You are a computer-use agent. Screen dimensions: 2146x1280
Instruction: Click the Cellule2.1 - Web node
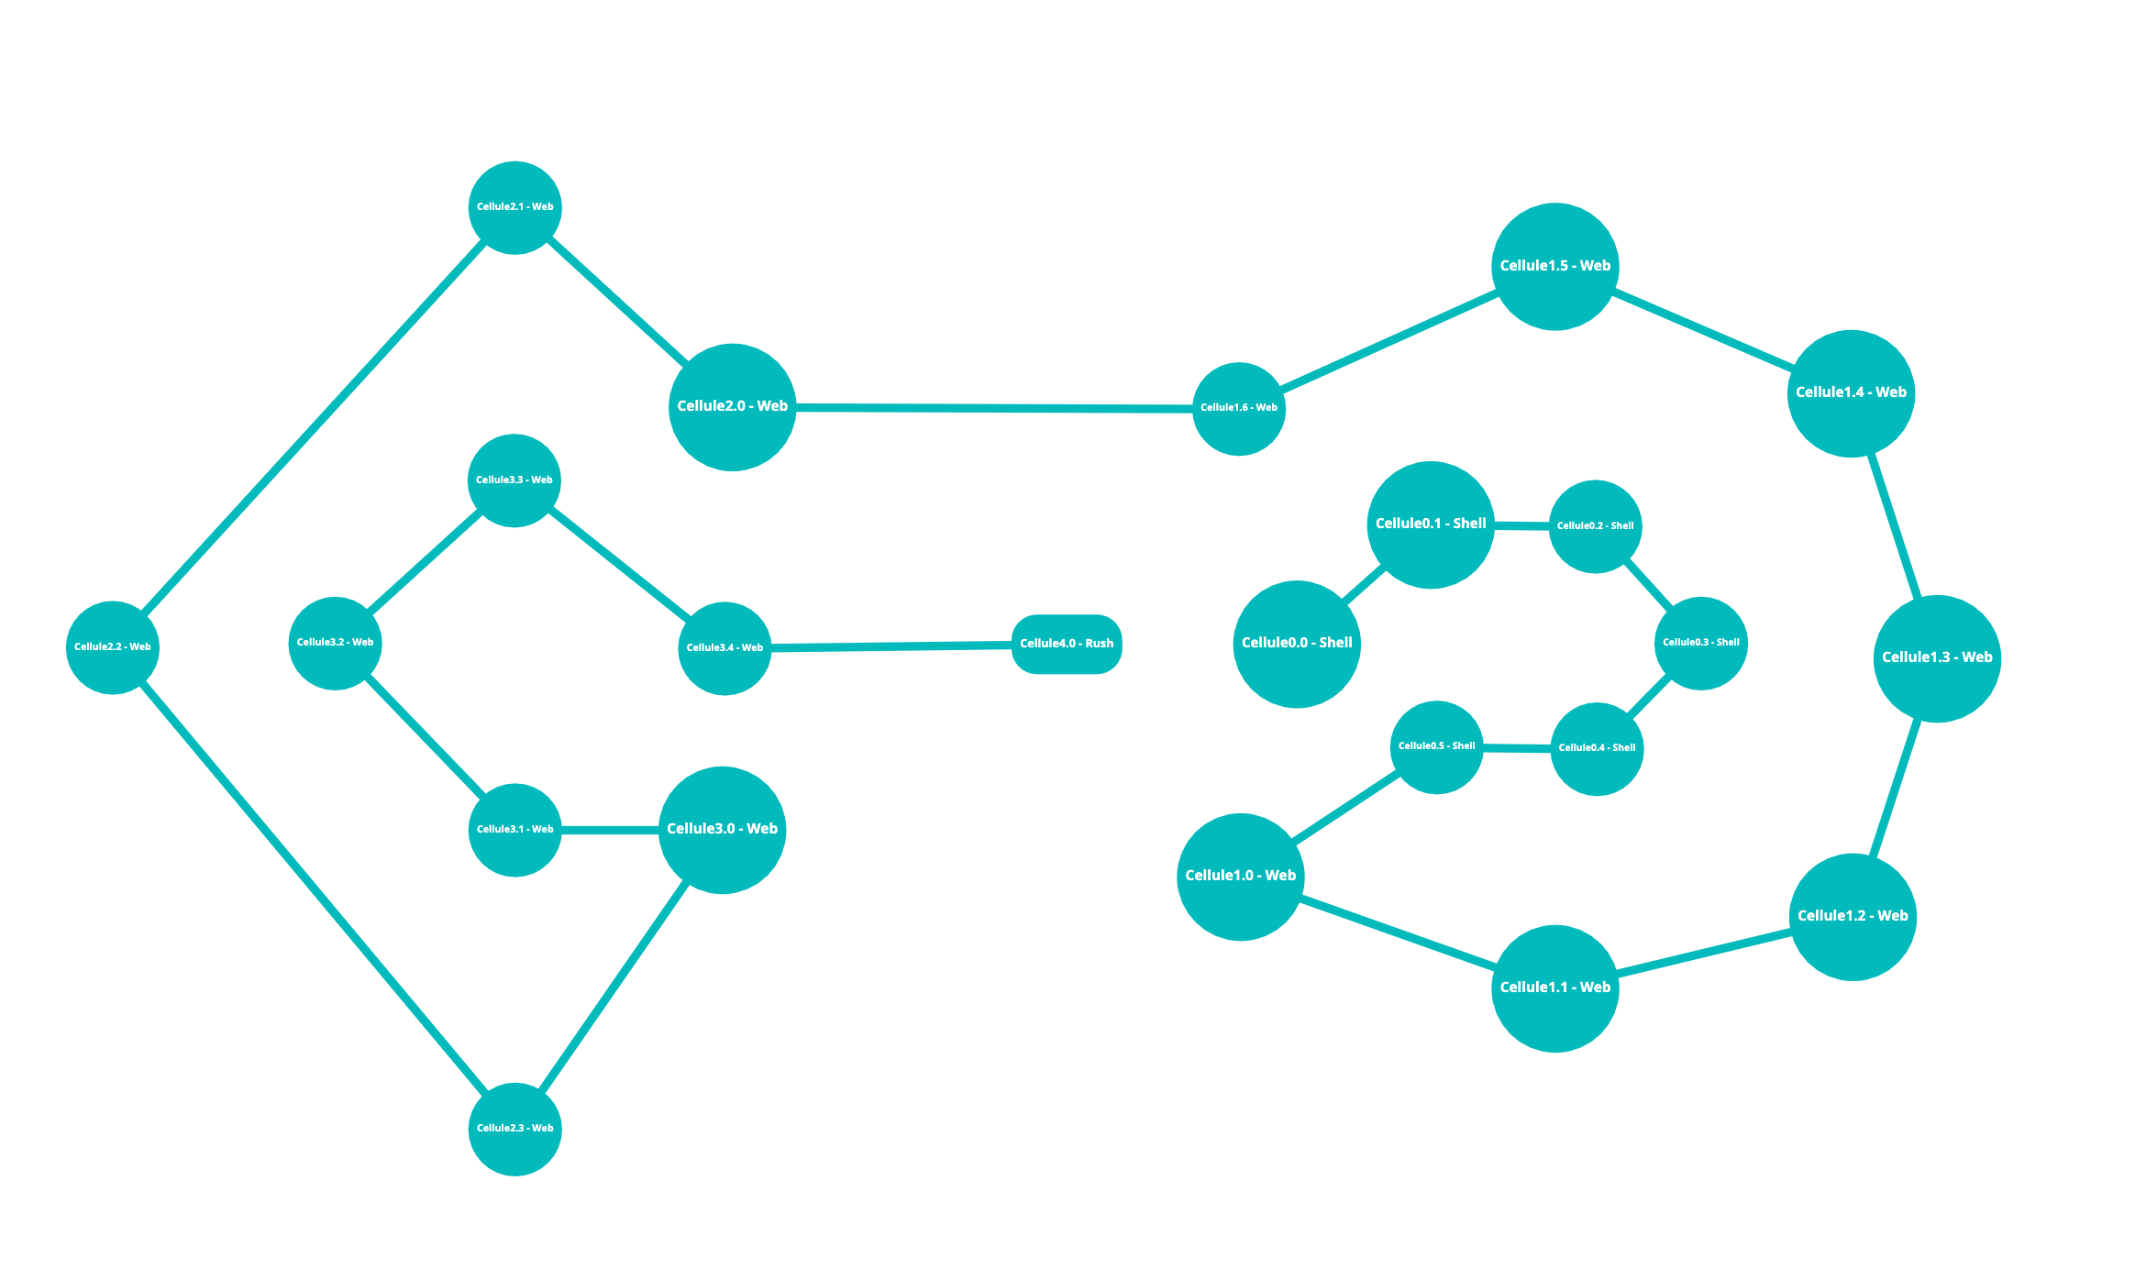tap(514, 207)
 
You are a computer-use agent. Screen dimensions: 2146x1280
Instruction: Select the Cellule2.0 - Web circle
tap(732, 407)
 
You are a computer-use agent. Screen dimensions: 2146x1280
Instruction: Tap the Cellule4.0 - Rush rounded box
tap(1066, 644)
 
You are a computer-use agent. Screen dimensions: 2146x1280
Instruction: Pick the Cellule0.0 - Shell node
tap(1296, 644)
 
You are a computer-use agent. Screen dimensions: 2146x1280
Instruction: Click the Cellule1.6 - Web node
tap(1238, 408)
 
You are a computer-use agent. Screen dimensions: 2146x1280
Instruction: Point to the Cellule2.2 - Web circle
tap(113, 647)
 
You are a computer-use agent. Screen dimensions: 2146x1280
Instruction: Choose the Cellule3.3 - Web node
tap(514, 480)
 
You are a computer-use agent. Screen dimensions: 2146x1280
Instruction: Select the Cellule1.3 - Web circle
tap(1936, 658)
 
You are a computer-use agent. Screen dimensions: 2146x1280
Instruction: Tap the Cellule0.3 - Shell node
tap(1700, 643)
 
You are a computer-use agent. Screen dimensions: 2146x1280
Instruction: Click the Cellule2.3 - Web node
tap(514, 1129)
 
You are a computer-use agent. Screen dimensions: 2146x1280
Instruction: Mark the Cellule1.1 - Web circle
tap(1554, 988)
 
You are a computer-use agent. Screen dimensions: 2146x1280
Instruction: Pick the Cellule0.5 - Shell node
tap(1436, 747)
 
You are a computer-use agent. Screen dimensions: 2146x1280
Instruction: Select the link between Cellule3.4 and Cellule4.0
tap(890, 646)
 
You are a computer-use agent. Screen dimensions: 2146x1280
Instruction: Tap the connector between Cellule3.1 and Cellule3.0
tap(610, 830)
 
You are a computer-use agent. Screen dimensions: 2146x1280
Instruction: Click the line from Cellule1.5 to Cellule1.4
tap(1703, 329)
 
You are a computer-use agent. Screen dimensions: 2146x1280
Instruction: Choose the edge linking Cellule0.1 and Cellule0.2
tap(1521, 525)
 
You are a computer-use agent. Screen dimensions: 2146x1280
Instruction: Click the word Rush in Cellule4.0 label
tap(1099, 644)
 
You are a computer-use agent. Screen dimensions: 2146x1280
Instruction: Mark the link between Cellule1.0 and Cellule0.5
tap(1345, 808)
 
